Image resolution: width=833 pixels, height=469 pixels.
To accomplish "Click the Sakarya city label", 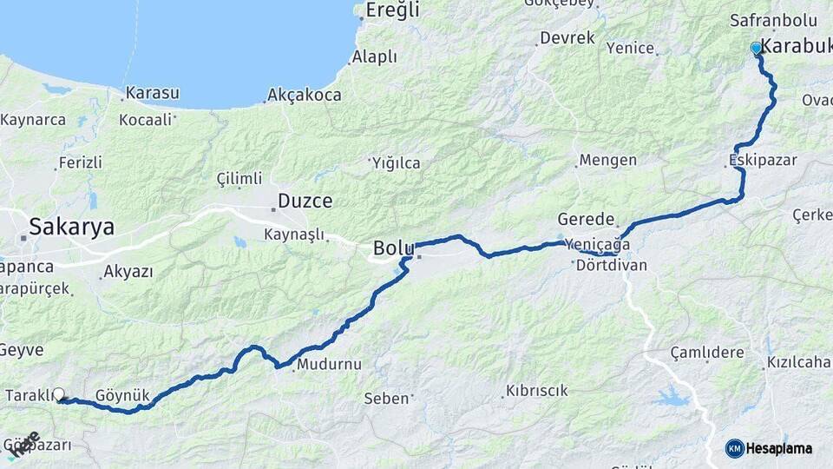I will click(x=71, y=228).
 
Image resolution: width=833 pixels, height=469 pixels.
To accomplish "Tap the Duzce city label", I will click(x=305, y=201).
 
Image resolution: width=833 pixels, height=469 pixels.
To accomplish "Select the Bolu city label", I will click(x=393, y=248).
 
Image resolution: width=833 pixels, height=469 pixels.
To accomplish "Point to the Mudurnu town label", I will click(x=329, y=365).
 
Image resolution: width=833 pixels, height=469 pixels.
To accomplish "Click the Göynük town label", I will click(x=123, y=395).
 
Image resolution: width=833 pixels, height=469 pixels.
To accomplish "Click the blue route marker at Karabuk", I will click(x=757, y=49).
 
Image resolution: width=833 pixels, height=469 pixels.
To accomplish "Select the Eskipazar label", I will click(x=763, y=161).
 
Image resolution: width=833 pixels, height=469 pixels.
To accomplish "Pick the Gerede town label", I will click(x=586, y=220).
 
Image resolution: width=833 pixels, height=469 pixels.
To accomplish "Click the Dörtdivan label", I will click(x=612, y=266).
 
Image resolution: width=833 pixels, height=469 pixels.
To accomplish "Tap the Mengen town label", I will click(x=607, y=161).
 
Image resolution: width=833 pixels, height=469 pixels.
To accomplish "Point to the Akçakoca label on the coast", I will click(x=305, y=95).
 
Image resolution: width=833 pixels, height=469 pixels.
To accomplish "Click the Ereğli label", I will click(x=392, y=10).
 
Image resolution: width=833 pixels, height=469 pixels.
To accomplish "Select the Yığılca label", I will click(x=397, y=162).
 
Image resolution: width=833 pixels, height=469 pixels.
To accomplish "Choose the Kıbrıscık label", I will click(x=537, y=391).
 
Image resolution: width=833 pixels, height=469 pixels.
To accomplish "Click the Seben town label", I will click(x=387, y=399).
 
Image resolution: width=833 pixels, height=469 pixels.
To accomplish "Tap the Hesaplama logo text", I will click(x=778, y=448).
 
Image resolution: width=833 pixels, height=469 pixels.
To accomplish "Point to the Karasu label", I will click(x=152, y=93).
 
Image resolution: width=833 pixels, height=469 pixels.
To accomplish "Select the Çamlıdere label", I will click(x=707, y=353).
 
